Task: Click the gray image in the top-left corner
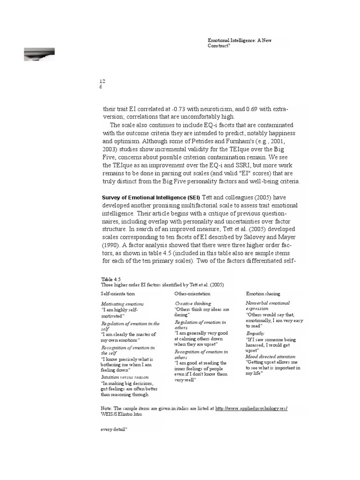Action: (x=39, y=54)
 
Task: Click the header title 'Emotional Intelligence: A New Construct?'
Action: (x=239, y=44)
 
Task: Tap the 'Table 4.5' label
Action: (x=111, y=279)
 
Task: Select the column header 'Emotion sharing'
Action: (x=263, y=294)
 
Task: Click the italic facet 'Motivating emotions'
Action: (x=122, y=304)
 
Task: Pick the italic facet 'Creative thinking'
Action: (x=193, y=304)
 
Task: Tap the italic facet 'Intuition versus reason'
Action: (x=124, y=377)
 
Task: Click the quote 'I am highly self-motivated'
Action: (x=120, y=313)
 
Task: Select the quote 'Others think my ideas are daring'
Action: (x=202, y=313)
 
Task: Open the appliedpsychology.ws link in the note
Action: (x=251, y=409)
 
